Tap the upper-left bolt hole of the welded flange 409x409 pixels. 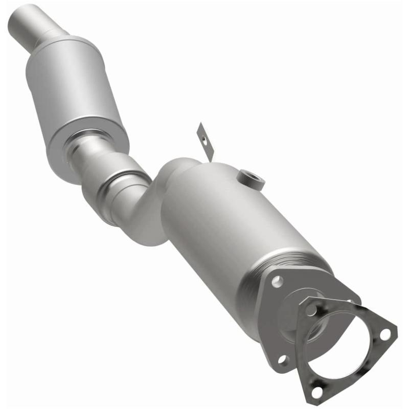277,281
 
